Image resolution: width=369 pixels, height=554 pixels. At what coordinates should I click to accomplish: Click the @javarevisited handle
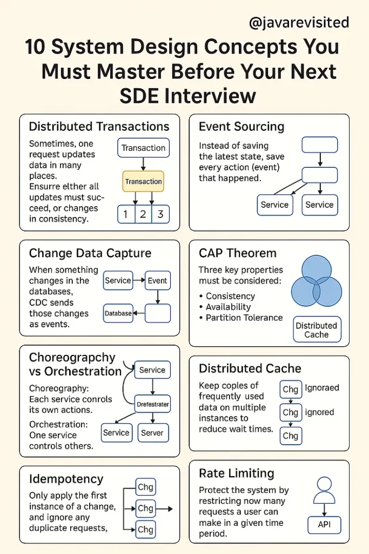coord(299,23)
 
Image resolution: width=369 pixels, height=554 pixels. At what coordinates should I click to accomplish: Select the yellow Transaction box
coord(143,181)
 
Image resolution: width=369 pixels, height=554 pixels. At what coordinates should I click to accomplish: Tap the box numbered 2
coord(143,214)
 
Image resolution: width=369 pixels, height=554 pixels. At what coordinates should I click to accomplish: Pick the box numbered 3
coord(160,214)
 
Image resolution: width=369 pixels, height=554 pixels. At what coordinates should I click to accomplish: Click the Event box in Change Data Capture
coord(158,281)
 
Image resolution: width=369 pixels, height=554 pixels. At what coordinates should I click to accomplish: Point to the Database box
coord(118,313)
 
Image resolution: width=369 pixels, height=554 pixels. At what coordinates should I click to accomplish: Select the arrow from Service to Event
coord(139,280)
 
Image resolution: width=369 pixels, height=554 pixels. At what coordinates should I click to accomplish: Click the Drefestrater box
coord(153,404)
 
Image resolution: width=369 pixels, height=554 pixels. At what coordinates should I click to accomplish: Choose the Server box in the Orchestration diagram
coord(153,433)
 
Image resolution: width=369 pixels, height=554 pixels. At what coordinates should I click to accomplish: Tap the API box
coord(324,525)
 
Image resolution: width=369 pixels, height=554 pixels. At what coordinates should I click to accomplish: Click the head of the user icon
coord(324,484)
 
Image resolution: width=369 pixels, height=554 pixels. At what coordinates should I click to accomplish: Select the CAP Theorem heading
coord(238,253)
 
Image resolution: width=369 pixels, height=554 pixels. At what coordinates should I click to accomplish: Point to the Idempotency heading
coord(66,479)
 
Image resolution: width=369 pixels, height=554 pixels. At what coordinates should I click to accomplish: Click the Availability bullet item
coord(228,307)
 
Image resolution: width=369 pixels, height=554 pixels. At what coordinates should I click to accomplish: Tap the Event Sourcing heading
coord(241,127)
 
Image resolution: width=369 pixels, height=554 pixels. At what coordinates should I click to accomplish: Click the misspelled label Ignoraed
coord(322,387)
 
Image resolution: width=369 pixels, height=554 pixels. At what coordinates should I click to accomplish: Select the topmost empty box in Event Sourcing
coord(320,144)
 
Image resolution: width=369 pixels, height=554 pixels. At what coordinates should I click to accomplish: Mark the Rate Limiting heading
coord(237,473)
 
